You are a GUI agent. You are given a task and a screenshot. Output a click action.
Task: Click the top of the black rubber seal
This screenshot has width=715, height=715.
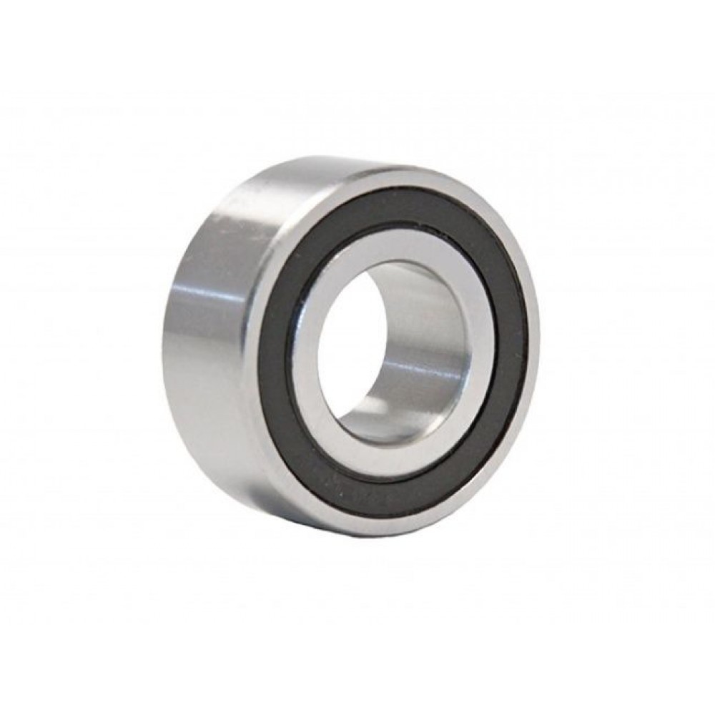coord(400,203)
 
